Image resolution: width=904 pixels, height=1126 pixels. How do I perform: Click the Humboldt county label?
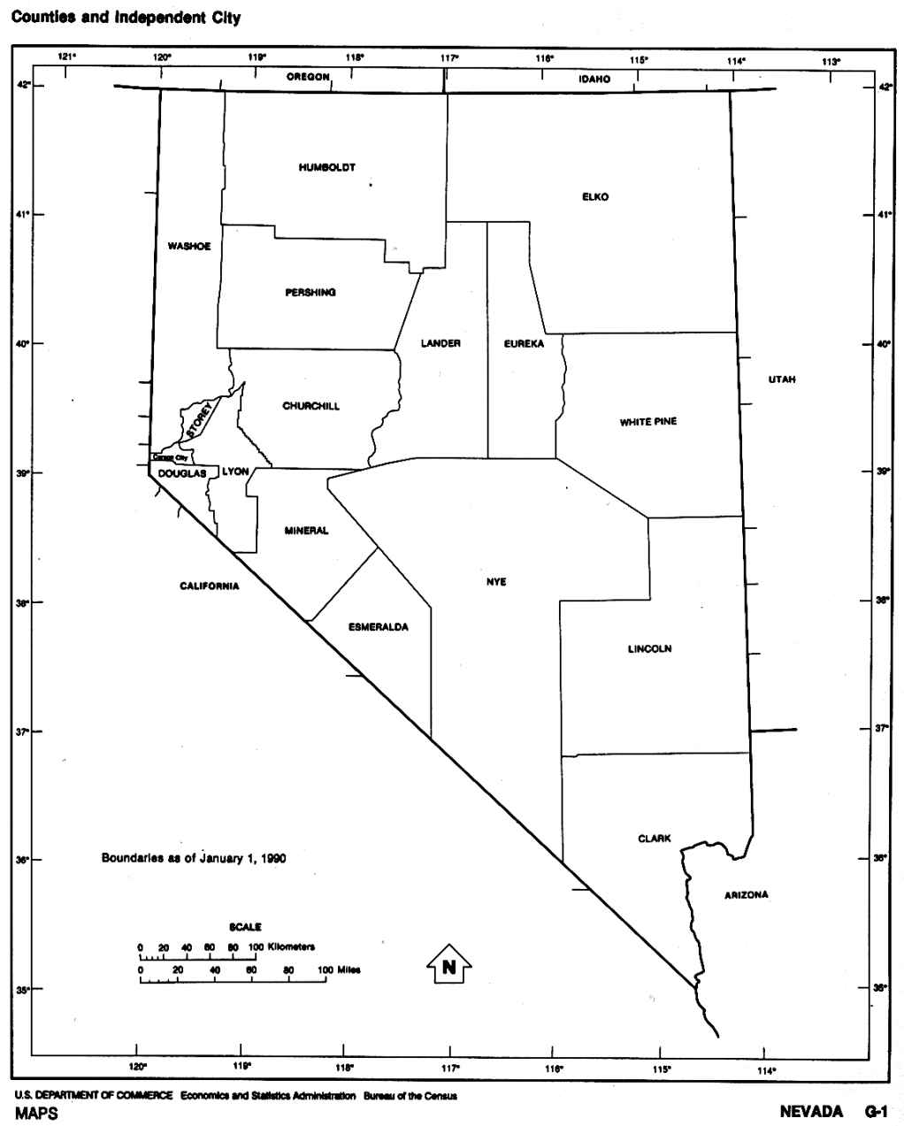(x=326, y=167)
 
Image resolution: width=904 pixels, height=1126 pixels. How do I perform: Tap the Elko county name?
(x=595, y=196)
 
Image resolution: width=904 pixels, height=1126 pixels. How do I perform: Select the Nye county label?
(x=496, y=582)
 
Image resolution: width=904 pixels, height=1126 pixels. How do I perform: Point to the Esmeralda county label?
(x=378, y=627)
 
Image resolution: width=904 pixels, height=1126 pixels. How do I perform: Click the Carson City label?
(x=170, y=458)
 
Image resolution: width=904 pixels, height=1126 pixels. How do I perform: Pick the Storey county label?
(x=200, y=421)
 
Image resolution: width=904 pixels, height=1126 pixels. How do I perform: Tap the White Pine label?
(x=648, y=422)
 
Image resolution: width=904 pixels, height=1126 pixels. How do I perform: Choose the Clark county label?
(x=655, y=839)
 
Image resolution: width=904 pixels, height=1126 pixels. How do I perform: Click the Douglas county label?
(x=182, y=474)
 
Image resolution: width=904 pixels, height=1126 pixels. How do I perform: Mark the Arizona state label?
(x=746, y=895)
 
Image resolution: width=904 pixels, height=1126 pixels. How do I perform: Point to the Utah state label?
(x=782, y=379)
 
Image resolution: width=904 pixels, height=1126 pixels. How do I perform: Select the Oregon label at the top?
(x=308, y=78)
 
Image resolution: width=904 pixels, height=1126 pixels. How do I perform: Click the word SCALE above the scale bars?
(x=245, y=927)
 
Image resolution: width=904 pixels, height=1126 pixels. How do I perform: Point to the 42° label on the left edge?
(x=25, y=86)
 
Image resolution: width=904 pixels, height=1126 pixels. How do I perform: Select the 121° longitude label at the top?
(x=66, y=58)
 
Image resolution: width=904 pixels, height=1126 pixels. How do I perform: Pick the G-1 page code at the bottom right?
(x=876, y=1112)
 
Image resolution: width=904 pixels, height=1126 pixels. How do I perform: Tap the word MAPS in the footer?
(x=35, y=1114)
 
